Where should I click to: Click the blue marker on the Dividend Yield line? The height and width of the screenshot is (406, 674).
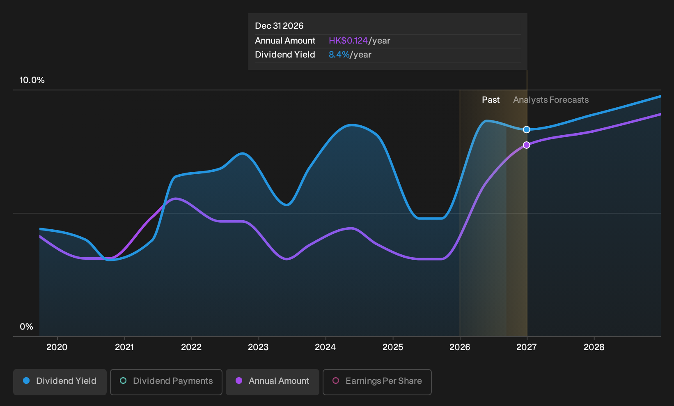click(x=526, y=129)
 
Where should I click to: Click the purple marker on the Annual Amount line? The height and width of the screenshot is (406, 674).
click(x=526, y=145)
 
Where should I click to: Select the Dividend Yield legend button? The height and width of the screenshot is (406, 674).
click(x=60, y=382)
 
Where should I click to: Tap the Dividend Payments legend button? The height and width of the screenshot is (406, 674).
click(x=166, y=382)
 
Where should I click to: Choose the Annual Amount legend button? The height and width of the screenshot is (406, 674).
click(x=272, y=382)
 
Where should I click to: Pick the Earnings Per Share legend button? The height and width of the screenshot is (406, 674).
click(x=377, y=382)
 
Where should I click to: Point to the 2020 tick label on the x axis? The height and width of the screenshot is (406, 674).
click(x=57, y=347)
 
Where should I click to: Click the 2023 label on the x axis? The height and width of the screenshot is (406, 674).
click(x=258, y=347)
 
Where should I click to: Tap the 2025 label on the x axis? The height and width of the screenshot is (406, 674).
click(x=393, y=347)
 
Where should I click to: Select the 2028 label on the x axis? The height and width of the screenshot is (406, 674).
click(x=594, y=347)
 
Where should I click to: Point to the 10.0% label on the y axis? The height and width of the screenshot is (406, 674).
click(x=32, y=80)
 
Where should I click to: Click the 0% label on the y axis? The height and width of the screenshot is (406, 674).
click(x=27, y=327)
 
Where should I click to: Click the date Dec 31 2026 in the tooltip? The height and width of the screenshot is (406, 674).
click(x=279, y=26)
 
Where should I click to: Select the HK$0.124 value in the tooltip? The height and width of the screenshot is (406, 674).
click(x=348, y=41)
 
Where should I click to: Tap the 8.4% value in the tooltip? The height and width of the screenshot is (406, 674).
click(x=339, y=55)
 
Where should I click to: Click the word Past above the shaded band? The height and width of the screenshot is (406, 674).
click(x=491, y=100)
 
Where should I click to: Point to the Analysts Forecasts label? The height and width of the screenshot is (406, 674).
click(x=550, y=100)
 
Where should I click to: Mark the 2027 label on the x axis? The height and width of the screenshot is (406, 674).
click(x=527, y=347)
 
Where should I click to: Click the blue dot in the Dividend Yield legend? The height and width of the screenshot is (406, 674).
click(x=27, y=381)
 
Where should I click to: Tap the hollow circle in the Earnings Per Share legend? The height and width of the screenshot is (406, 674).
click(x=336, y=381)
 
